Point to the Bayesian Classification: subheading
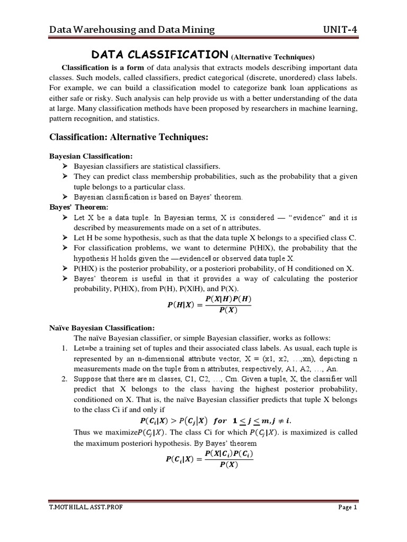(x=90, y=157)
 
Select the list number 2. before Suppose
(x=65, y=378)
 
